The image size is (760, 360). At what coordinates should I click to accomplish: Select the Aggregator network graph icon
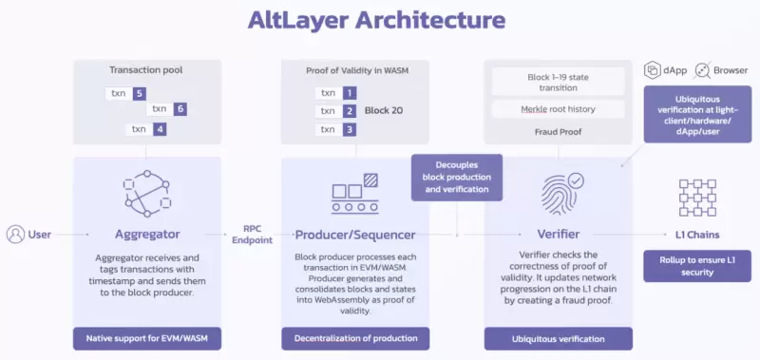click(x=146, y=194)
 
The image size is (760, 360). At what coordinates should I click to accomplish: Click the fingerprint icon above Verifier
click(x=561, y=193)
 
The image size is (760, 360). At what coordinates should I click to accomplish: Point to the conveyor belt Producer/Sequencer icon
click(x=354, y=194)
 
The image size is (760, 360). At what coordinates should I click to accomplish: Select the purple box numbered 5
click(x=140, y=94)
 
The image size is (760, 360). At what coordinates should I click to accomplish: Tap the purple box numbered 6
click(x=180, y=110)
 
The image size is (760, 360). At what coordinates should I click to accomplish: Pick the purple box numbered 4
click(x=160, y=129)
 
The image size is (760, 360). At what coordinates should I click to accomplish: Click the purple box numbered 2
click(x=351, y=111)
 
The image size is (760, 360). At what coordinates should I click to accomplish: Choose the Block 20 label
click(x=385, y=111)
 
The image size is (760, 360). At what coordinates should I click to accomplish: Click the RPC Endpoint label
click(x=252, y=235)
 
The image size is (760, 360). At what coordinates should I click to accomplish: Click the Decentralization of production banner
click(x=354, y=338)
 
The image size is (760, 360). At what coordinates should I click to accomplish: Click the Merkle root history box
click(x=557, y=109)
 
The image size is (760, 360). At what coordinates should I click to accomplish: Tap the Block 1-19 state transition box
click(x=557, y=81)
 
